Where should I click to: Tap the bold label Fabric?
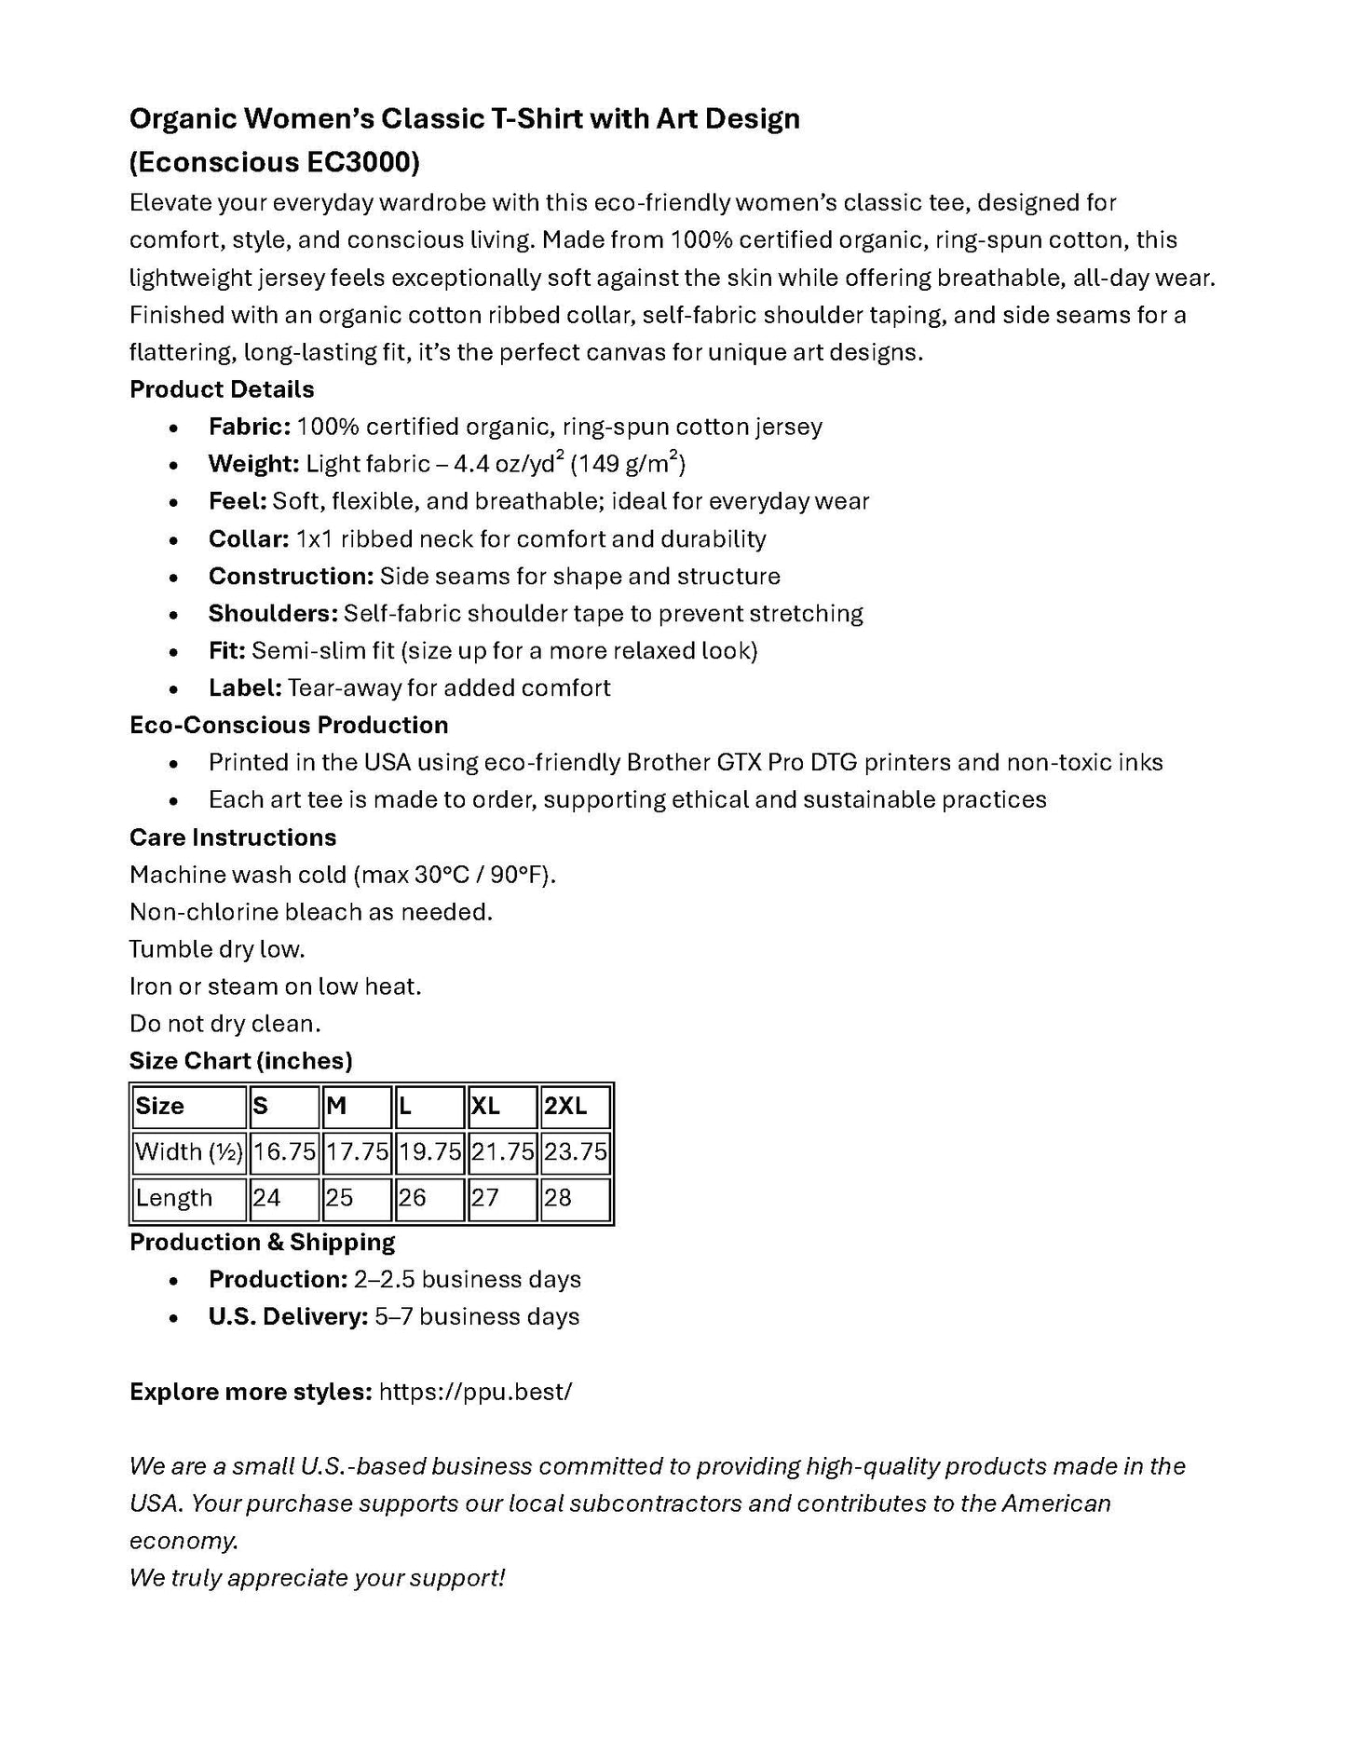249,428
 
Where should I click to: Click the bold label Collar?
249,539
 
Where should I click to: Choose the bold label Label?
245,688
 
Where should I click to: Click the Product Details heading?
222,389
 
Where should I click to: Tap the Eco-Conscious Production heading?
289,726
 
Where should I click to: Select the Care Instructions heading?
233,837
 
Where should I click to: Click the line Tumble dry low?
217,949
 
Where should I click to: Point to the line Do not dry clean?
225,1024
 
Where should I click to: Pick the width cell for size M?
357,1152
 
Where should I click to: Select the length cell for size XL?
502,1198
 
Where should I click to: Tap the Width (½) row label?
189,1152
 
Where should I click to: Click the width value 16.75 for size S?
284,1152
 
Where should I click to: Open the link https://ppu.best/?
476,1392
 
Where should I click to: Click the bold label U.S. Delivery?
288,1317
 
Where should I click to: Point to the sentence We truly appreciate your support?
317,1578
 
